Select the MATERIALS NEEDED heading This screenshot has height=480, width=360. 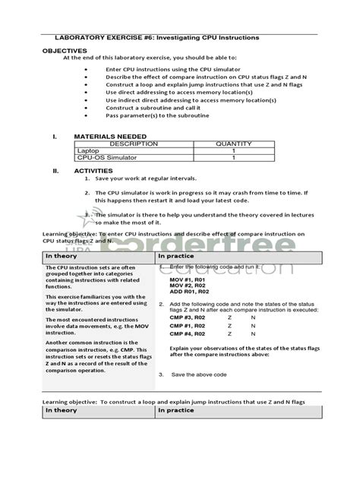pyautogui.click(x=110, y=137)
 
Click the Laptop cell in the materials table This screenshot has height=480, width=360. pyautogui.click(x=88, y=151)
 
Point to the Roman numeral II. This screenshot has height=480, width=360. pyautogui.click(x=55, y=172)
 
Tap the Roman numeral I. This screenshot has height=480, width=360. pyautogui.click(x=55, y=137)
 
